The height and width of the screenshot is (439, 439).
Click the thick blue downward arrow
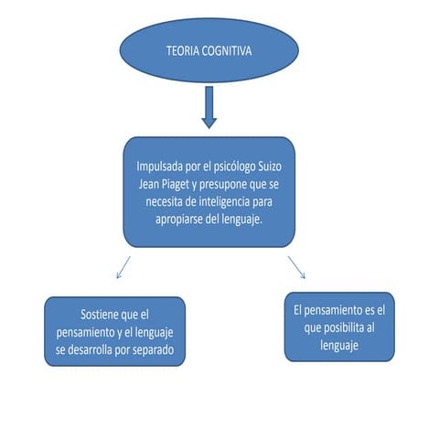[x=209, y=108]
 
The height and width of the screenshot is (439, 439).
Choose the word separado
[x=155, y=348]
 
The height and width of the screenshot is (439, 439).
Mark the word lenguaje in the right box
[x=338, y=346]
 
